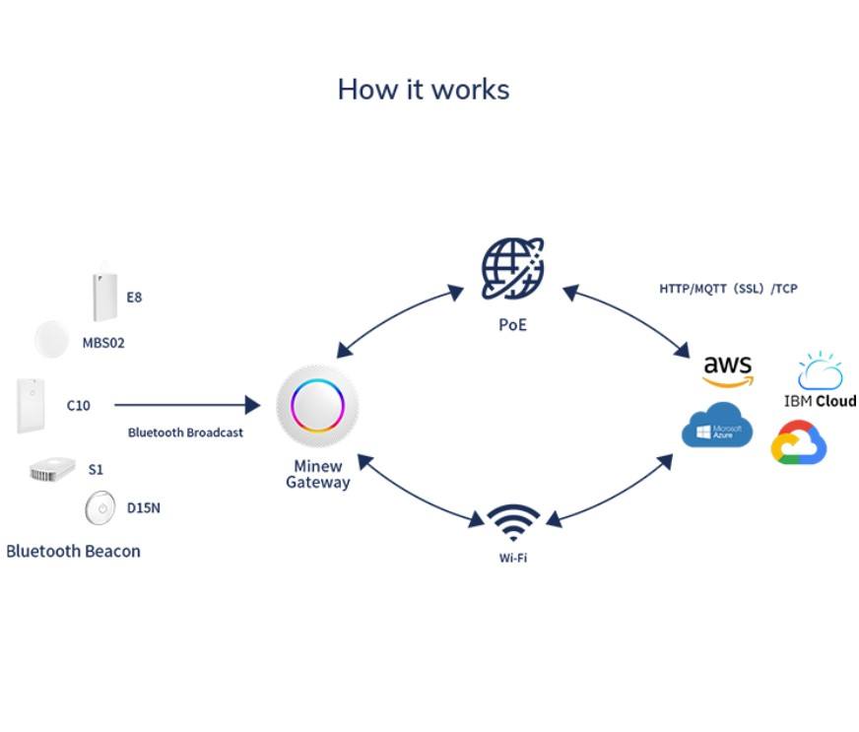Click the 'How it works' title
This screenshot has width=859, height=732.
[x=424, y=90]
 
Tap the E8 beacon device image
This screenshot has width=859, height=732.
[x=104, y=292]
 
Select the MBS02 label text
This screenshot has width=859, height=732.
[x=103, y=344]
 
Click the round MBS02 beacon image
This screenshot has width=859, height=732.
[x=51, y=340]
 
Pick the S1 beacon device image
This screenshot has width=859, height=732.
[x=53, y=469]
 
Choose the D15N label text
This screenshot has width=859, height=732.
[x=144, y=508]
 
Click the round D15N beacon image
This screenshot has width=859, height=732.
[x=99, y=509]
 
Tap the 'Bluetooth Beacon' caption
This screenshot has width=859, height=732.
[x=74, y=551]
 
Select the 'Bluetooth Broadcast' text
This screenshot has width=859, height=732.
[x=185, y=433]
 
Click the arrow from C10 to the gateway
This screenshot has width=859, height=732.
[x=187, y=404]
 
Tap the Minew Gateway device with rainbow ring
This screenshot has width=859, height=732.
[x=317, y=405]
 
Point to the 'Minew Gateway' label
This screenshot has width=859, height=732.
[x=317, y=474]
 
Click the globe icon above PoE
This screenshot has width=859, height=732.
[x=512, y=269]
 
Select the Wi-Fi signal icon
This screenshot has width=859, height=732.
[x=513, y=523]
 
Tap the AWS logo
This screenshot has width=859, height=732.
[x=728, y=370]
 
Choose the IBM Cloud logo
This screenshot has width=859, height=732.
[x=820, y=380]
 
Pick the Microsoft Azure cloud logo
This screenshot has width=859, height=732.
[x=717, y=426]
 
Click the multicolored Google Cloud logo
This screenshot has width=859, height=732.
[x=799, y=443]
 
